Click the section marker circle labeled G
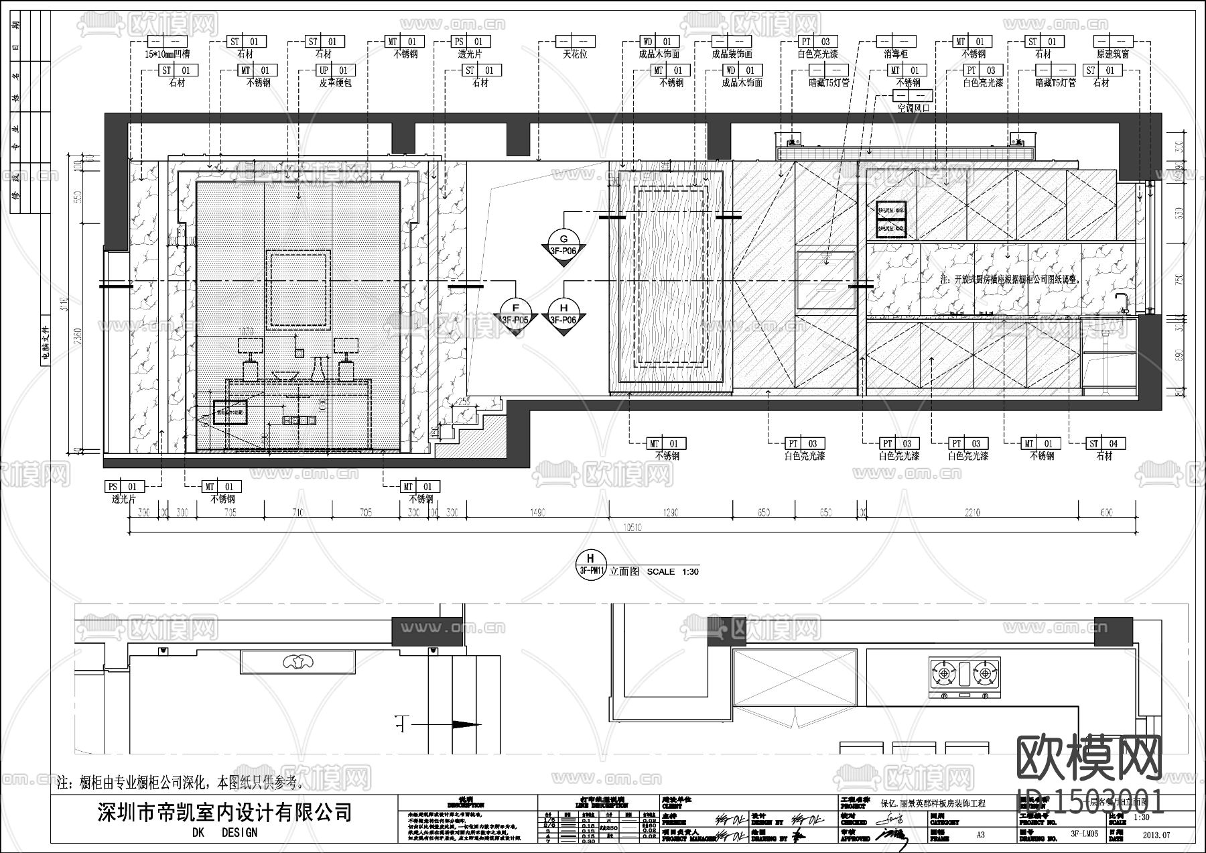(563, 239)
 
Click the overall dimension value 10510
(632, 528)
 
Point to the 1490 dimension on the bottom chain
(537, 512)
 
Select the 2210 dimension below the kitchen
(972, 512)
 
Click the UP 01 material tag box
(332, 70)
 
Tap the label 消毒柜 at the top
(896, 54)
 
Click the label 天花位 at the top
(574, 54)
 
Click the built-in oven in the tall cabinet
(826, 280)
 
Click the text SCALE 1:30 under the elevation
(673, 572)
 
